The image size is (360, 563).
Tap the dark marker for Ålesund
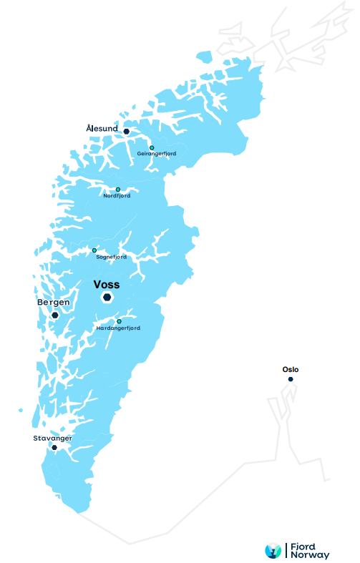pyautogui.click(x=126, y=132)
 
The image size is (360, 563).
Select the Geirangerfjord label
pyautogui.click(x=157, y=154)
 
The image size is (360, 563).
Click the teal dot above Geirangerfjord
pyautogui.click(x=152, y=147)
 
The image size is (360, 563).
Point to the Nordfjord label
pyautogui.click(x=117, y=196)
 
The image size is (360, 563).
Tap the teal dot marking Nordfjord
pyautogui.click(x=118, y=190)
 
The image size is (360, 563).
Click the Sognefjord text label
pyautogui.click(x=111, y=256)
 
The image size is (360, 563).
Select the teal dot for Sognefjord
pyautogui.click(x=94, y=250)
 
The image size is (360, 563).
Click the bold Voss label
pyautogui.click(x=107, y=284)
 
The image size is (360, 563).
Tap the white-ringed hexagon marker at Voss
pyautogui.click(x=107, y=298)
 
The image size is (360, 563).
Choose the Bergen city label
pyautogui.click(x=54, y=303)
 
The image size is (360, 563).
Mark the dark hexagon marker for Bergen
pyautogui.click(x=54, y=315)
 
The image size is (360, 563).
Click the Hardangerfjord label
pyautogui.click(x=118, y=328)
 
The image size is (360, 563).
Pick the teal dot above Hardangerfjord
pyautogui.click(x=119, y=321)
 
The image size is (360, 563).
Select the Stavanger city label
pyautogui.click(x=47, y=437)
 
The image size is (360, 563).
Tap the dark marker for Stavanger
pyautogui.click(x=54, y=447)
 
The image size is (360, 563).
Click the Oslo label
pyautogui.click(x=291, y=370)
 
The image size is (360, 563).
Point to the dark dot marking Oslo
pyautogui.click(x=291, y=379)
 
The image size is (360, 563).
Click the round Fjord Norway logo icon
pyautogui.click(x=273, y=550)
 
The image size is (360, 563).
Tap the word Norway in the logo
pyautogui.click(x=310, y=554)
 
